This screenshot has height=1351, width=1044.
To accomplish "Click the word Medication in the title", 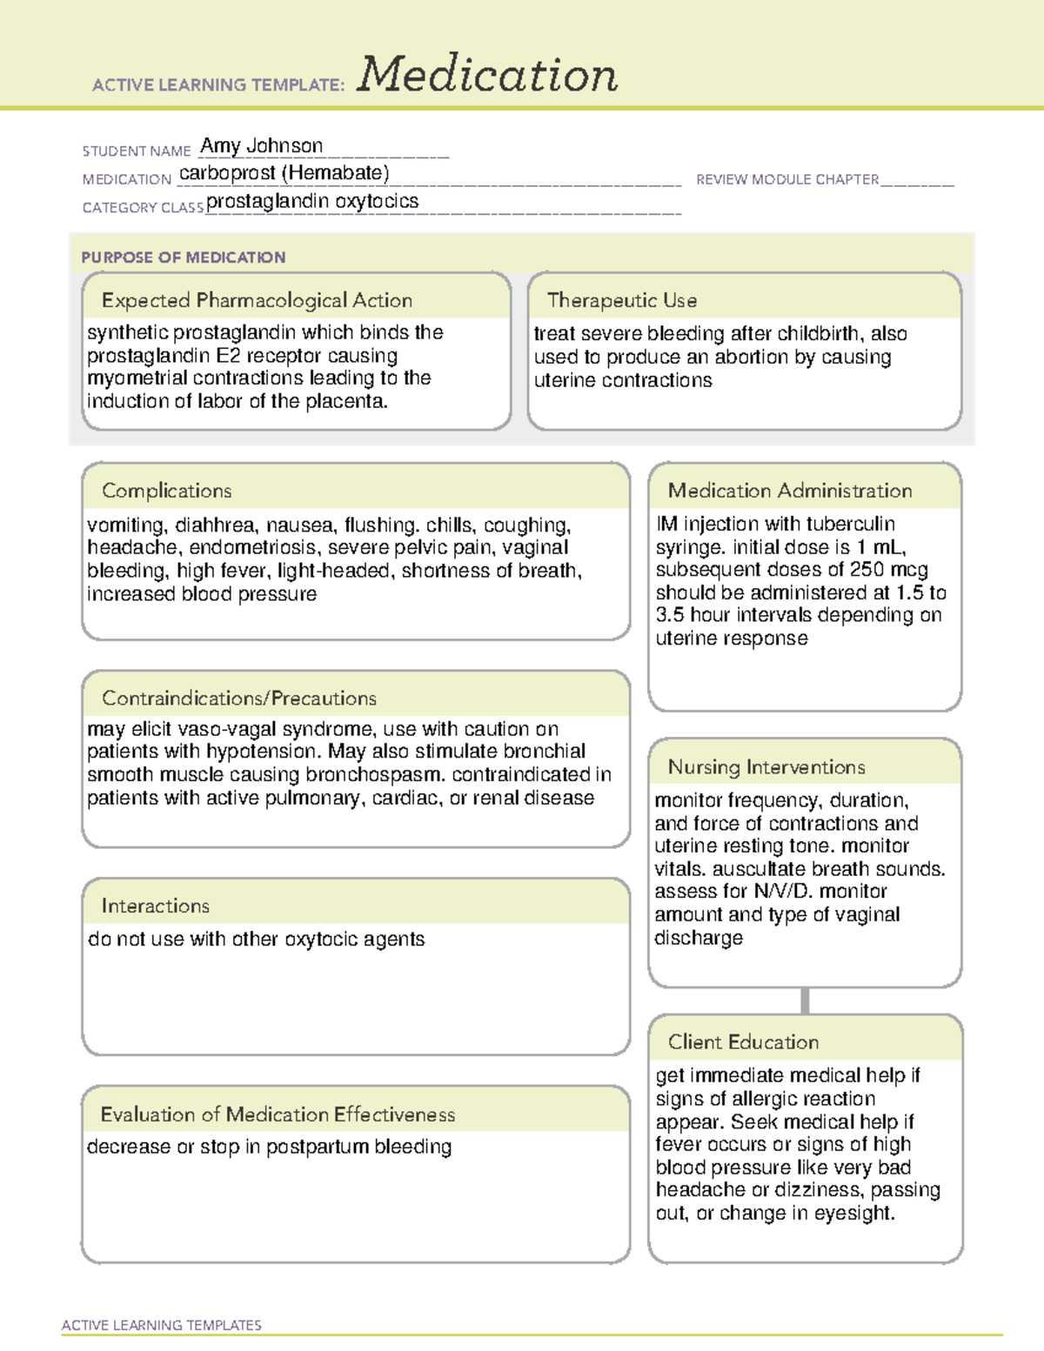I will [487, 75].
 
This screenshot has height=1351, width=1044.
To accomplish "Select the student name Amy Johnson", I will [261, 146].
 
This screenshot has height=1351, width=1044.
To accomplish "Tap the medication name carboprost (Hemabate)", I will [284, 173].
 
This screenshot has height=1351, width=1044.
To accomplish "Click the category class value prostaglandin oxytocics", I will [312, 202].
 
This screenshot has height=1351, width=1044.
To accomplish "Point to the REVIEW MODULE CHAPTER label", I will [787, 179].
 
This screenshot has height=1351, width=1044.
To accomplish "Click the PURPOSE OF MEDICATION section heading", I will [183, 257].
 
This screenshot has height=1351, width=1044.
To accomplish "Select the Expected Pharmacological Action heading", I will [257, 300].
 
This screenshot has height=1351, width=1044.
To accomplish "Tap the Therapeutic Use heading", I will [622, 300].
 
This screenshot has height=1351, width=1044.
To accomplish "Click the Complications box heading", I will [166, 491].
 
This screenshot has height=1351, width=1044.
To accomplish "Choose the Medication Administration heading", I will [790, 491].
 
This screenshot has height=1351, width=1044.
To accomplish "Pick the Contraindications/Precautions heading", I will [239, 698].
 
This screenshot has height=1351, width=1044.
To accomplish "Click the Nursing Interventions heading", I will [766, 767].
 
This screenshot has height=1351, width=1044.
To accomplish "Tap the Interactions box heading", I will [155, 906].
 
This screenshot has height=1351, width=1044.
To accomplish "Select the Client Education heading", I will [743, 1042].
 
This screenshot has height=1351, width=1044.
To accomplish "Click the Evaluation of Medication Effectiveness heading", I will [278, 1114].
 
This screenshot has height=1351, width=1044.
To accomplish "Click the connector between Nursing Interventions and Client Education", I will [805, 1000].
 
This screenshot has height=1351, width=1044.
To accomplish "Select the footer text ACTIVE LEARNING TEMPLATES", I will [162, 1325].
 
